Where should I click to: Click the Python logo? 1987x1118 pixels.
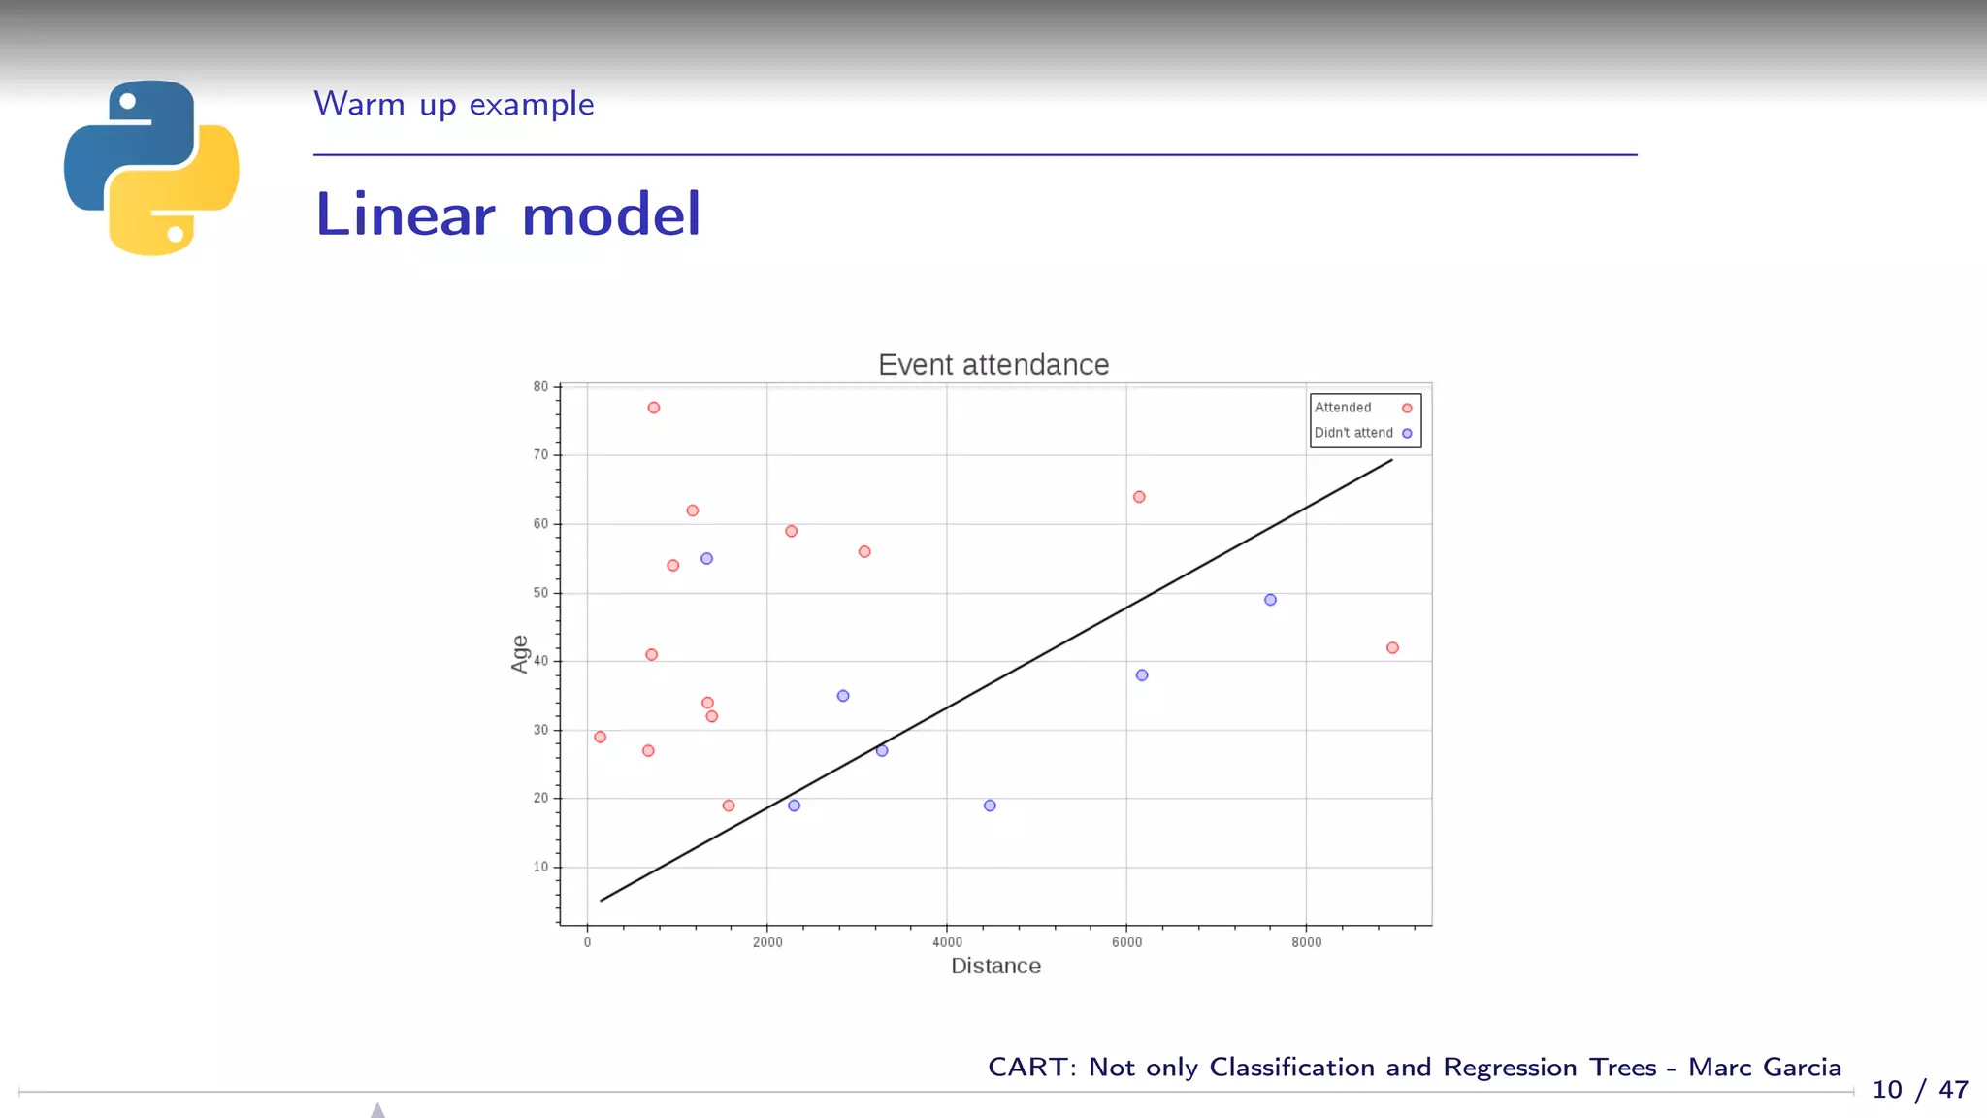coord(151,167)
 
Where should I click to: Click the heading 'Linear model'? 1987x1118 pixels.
coord(507,214)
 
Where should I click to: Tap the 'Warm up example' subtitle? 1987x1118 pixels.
coord(453,104)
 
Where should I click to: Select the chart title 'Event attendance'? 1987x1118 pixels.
coord(993,365)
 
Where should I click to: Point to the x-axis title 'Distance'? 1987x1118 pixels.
coord(995,966)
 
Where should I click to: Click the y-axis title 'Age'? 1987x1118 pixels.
coord(520,654)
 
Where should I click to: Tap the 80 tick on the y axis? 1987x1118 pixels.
coord(540,386)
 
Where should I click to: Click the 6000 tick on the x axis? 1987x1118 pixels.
coord(1126,942)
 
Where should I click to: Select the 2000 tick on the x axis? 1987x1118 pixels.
coord(767,942)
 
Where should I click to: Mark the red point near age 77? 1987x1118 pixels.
coord(654,408)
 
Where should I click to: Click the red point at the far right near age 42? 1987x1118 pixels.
coord(1392,647)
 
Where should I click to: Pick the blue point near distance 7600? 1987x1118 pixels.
coord(1270,600)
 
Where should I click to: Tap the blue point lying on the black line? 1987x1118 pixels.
coord(882,750)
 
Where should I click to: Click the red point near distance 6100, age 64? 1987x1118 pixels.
coord(1139,497)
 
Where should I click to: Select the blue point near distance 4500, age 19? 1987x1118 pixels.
coord(990,806)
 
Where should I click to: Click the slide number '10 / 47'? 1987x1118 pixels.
coord(1919,1090)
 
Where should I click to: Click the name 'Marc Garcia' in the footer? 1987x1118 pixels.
coord(1764,1068)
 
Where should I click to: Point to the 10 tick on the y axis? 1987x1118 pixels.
coord(540,867)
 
